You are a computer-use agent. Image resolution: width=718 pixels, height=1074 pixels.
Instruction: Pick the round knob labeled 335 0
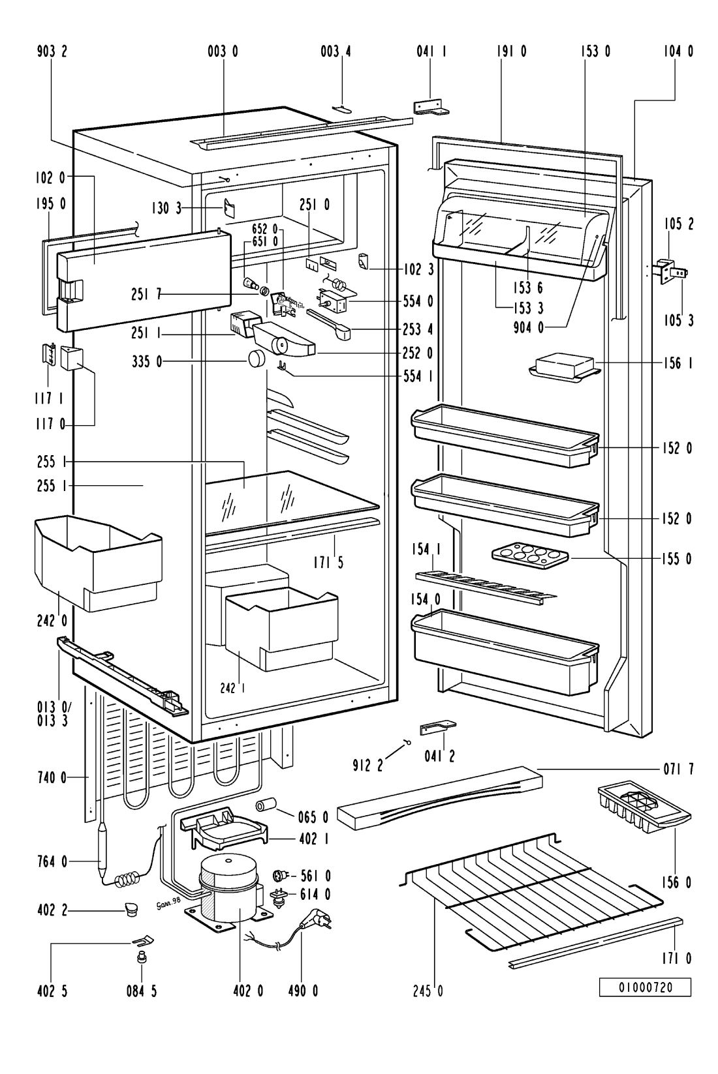click(257, 358)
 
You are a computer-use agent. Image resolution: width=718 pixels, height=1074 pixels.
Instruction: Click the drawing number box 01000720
click(645, 987)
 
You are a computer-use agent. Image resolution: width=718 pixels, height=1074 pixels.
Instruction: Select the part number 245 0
click(430, 992)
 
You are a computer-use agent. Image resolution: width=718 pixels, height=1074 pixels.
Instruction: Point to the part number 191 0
click(514, 52)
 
